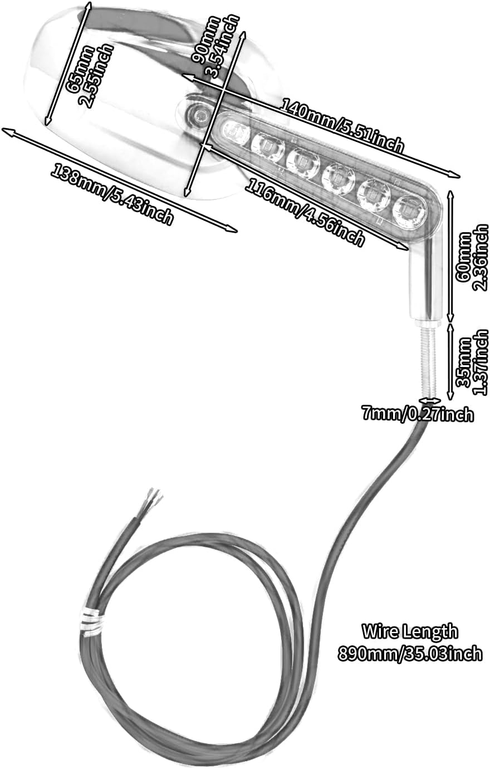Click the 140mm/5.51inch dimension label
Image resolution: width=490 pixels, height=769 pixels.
(x=342, y=125)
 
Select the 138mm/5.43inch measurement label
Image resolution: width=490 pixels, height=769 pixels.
(x=112, y=194)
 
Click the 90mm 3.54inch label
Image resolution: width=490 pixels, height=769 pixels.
(x=214, y=47)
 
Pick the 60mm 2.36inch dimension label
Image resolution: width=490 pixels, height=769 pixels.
(x=472, y=257)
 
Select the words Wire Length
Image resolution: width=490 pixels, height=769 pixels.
(x=410, y=632)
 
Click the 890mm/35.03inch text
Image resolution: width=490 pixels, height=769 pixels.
(x=410, y=653)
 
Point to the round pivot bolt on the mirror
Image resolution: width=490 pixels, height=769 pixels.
(x=199, y=116)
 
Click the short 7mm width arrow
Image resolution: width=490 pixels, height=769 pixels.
(x=429, y=400)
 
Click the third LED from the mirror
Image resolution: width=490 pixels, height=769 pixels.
(x=302, y=160)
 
